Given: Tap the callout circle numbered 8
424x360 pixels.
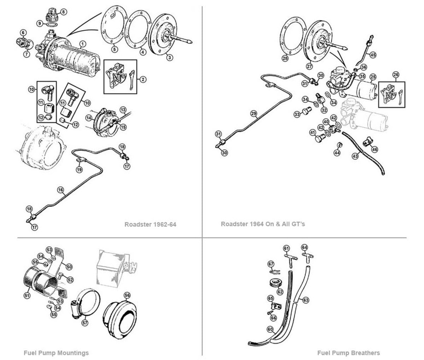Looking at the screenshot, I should tap(63, 12).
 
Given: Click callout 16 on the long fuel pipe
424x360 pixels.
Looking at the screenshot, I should tap(60, 190).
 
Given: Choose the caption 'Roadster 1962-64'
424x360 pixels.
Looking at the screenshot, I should tap(150, 224).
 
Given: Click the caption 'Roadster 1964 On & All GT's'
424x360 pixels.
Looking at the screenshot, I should tap(263, 224).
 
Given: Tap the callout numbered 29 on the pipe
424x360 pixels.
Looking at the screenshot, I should tap(253, 113).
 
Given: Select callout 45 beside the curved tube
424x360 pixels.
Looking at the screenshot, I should tap(373, 54).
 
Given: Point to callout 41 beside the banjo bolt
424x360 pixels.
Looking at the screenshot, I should tap(312, 132).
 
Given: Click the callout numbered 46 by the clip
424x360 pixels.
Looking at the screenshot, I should tap(374, 149).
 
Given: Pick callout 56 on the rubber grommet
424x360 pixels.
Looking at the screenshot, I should tap(127, 294).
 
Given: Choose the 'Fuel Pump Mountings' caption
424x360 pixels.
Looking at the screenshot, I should tap(56, 353).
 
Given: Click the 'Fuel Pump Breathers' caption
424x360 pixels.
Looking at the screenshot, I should tap(348, 353).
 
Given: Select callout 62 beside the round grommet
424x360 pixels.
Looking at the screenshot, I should tap(280, 292).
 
